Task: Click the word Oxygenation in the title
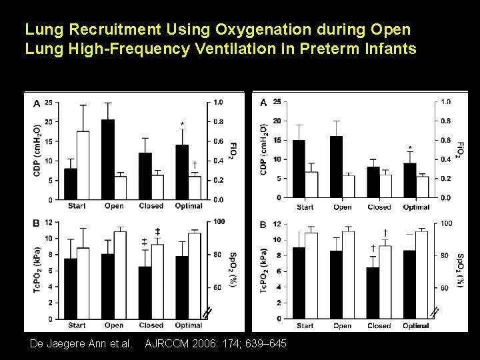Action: tap(256, 31)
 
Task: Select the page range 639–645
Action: tap(269, 343)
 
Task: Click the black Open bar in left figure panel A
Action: tap(108, 160)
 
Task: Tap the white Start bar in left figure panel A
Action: tap(83, 165)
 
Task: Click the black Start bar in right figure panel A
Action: tap(299, 169)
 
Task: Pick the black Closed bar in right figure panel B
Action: tap(373, 293)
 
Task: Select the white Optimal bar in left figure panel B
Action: tap(195, 275)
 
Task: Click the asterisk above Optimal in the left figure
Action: tap(182, 125)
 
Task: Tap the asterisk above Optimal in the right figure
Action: tap(410, 148)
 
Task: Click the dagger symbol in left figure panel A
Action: tap(194, 164)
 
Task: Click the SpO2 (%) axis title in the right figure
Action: tap(460, 270)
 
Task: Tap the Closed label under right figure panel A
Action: tap(379, 207)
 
